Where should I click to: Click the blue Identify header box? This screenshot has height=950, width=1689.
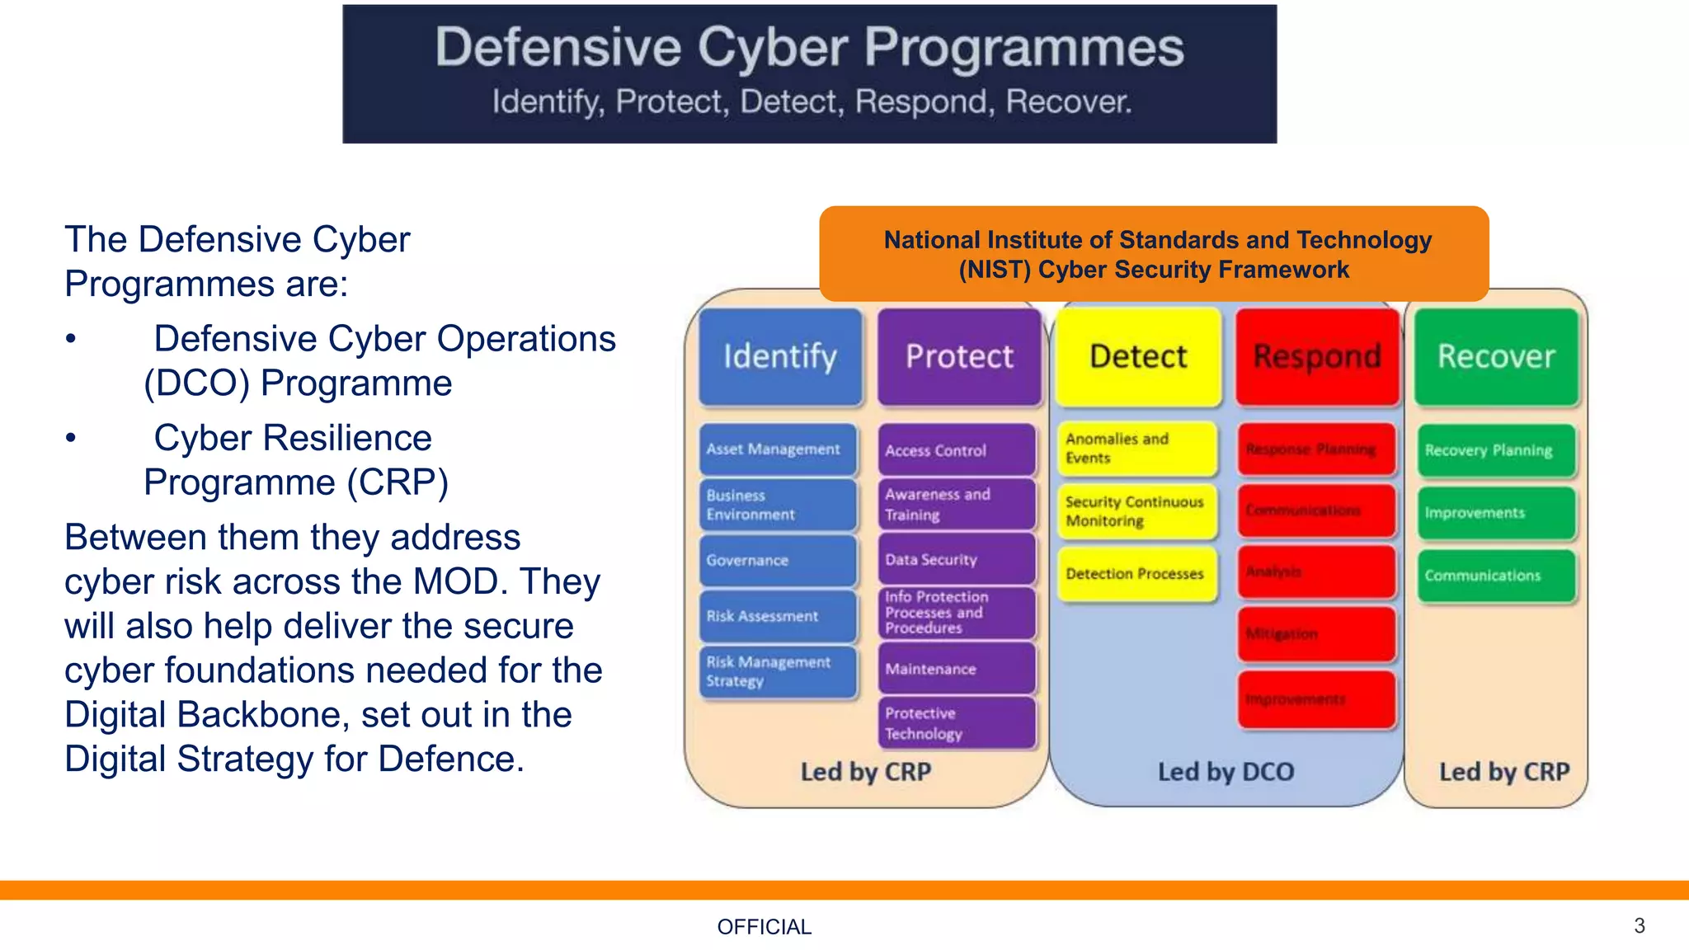pyautogui.click(x=780, y=356)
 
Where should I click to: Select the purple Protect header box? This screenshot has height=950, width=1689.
pyautogui.click(x=959, y=356)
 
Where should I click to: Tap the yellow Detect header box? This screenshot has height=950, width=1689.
pyautogui.click(x=1138, y=356)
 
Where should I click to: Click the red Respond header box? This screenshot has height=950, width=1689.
pyautogui.click(x=1317, y=356)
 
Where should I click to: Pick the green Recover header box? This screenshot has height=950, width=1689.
pyautogui.click(x=1496, y=356)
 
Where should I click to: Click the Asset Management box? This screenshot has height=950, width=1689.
pyautogui.click(x=778, y=449)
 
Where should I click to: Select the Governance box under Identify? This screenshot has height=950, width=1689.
pyautogui.click(x=778, y=561)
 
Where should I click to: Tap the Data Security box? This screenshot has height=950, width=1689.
pyautogui.click(x=957, y=560)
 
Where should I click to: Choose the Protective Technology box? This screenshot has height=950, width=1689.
pyautogui.click(x=957, y=723)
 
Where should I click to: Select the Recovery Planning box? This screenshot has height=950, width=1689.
pyautogui.click(x=1496, y=450)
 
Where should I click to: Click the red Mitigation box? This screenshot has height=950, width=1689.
pyautogui.click(x=1316, y=634)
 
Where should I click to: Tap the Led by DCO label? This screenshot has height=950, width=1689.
pyautogui.click(x=1226, y=772)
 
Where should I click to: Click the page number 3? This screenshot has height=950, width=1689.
pyautogui.click(x=1639, y=925)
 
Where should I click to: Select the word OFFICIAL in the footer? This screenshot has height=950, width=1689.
pyautogui.click(x=764, y=927)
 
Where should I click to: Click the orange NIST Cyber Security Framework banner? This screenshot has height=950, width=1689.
pyautogui.click(x=1154, y=254)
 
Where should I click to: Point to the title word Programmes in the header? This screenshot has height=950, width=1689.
pyautogui.click(x=1023, y=47)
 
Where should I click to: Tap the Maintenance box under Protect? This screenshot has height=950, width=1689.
pyautogui.click(x=957, y=669)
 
